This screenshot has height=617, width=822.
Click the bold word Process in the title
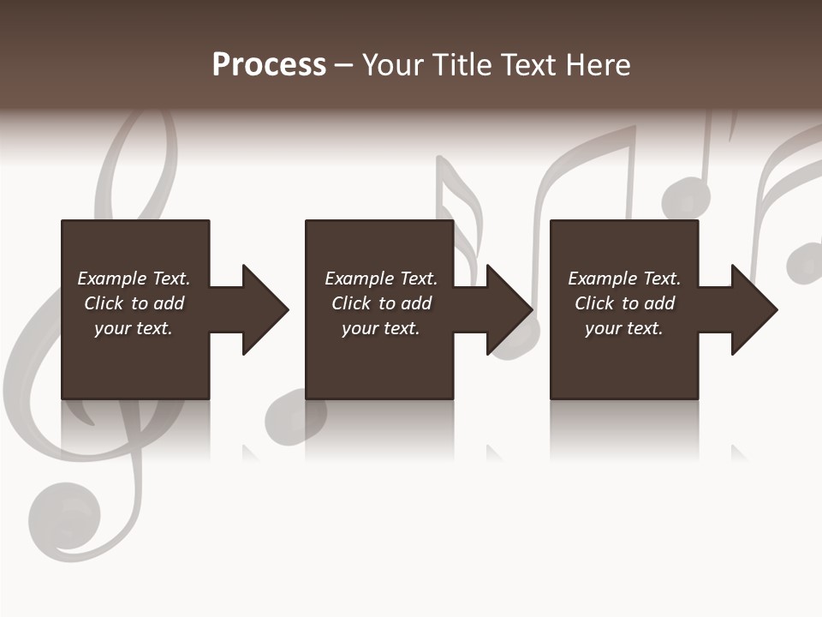(269, 65)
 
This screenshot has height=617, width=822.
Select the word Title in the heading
(462, 65)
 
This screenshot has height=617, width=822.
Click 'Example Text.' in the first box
(134, 279)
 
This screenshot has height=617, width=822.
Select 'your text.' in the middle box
(380, 328)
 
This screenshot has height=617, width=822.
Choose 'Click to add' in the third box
(624, 303)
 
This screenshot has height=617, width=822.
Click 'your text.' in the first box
(134, 328)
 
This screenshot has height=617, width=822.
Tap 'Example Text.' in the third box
(624, 279)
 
